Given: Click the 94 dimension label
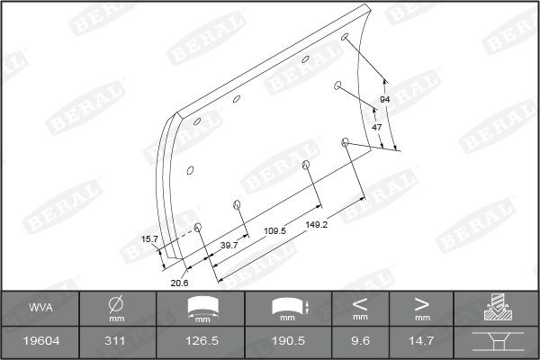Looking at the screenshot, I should click(384, 99).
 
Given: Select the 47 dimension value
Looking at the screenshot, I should click(377, 128).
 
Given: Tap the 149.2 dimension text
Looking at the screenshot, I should click(317, 224).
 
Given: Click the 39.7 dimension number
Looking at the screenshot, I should click(229, 245).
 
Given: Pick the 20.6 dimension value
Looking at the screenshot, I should click(179, 283).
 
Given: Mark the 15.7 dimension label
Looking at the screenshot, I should click(149, 239).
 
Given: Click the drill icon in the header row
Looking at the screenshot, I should click(496, 307).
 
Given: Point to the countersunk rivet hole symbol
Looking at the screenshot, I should click(496, 342).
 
